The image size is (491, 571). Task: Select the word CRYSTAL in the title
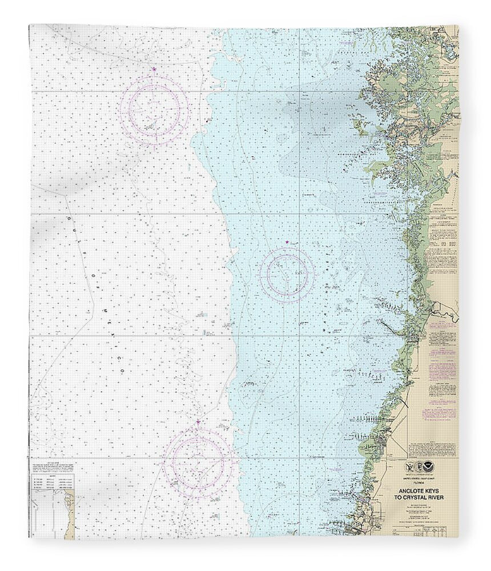(x=421, y=497)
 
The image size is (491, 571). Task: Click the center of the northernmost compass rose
(x=154, y=110)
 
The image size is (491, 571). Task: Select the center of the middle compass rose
(x=287, y=275)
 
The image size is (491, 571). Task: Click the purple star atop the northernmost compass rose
(x=154, y=69)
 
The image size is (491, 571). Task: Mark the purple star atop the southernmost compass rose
(x=198, y=422)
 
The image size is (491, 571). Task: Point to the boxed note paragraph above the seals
(x=432, y=448)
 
